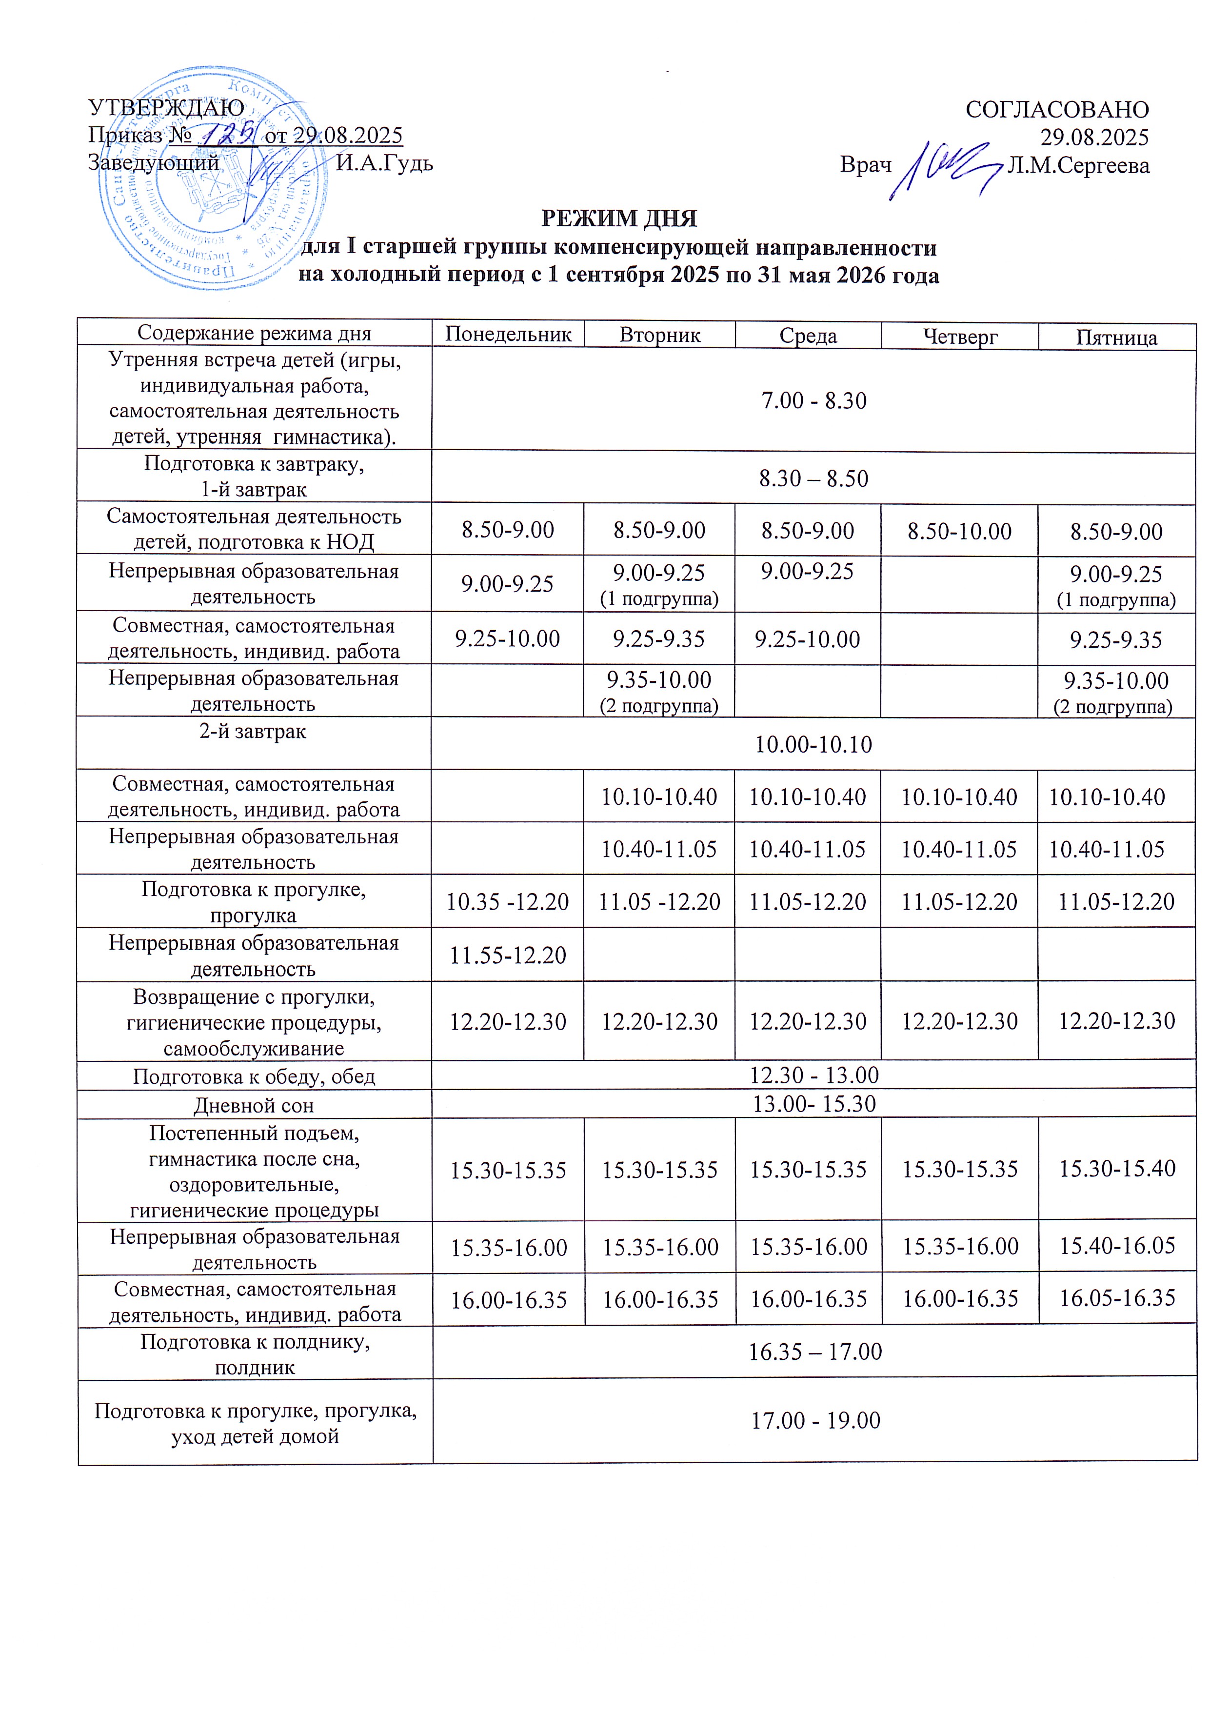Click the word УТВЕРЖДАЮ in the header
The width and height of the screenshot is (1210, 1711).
click(165, 108)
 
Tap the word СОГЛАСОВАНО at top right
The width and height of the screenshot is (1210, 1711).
click(1056, 110)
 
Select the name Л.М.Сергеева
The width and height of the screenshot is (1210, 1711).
click(1078, 165)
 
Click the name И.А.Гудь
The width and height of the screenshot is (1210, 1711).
click(384, 162)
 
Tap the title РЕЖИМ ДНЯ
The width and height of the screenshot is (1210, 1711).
click(618, 219)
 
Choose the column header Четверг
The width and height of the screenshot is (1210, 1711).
click(960, 336)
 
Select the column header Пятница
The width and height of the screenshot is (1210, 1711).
click(1116, 338)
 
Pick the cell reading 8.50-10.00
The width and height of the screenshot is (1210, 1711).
click(960, 531)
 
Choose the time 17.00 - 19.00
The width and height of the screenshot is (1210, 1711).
click(815, 1420)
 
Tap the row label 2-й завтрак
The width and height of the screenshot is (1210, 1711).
click(253, 731)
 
